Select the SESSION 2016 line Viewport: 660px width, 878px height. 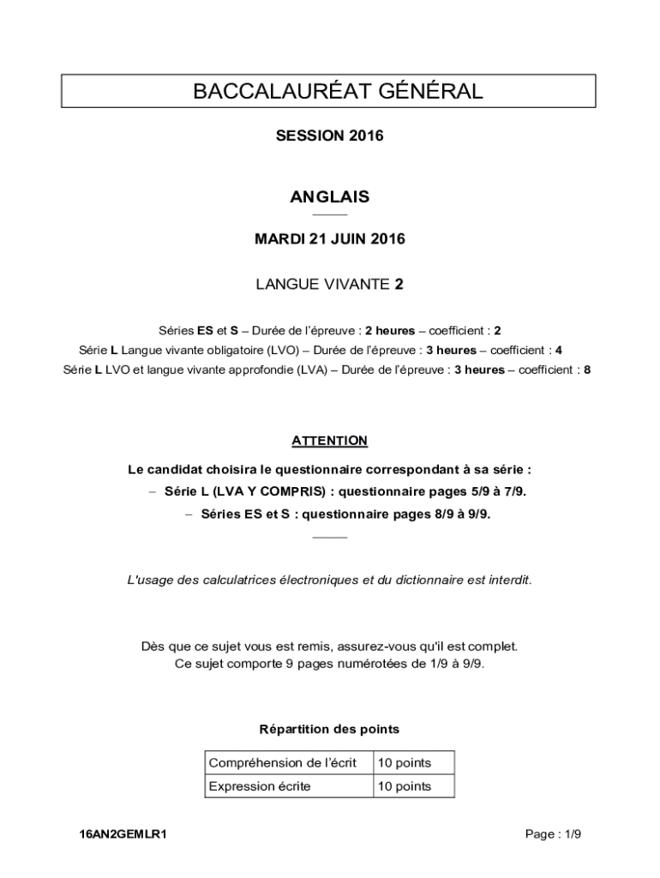pos(330,136)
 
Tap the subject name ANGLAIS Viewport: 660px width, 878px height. pos(330,196)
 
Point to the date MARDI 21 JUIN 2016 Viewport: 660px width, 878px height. pos(330,239)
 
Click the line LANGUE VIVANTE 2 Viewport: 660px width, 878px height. pos(330,285)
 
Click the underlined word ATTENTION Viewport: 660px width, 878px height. pos(330,441)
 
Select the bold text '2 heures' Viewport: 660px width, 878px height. pos(390,330)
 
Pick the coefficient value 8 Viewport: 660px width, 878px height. pos(586,370)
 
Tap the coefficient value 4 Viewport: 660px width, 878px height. pos(559,350)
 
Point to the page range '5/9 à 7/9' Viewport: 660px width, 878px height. pos(497,491)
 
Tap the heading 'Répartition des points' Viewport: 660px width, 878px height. pos(329,730)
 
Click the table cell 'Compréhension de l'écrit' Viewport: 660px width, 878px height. pos(283,762)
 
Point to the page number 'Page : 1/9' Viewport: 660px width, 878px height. pos(553,833)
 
